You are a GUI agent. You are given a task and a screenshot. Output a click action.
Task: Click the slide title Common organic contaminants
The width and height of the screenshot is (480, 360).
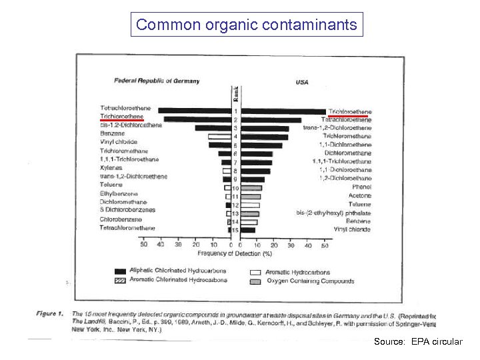(247, 25)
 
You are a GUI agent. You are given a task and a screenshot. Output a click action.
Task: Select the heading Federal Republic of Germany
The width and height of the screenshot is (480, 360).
(157, 81)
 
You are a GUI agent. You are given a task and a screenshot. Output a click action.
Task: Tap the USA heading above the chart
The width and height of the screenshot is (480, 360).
(301, 83)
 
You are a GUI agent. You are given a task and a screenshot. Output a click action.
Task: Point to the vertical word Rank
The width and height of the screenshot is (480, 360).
(235, 94)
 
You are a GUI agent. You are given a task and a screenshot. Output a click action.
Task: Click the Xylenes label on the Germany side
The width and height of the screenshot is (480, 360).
(111, 168)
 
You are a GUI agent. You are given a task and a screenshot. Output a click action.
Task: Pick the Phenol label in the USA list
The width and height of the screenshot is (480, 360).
(361, 187)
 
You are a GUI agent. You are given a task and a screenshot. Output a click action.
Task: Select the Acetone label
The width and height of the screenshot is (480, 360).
(360, 196)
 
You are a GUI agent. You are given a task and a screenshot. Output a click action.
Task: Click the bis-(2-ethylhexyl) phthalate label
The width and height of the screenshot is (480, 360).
(333, 213)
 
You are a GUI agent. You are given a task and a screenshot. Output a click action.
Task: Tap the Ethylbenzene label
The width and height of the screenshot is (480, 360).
(117, 193)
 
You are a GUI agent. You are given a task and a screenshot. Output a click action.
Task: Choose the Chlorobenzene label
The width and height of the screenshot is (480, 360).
(121, 219)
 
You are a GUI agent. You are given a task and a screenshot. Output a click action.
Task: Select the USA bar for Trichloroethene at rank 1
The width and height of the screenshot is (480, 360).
(283, 111)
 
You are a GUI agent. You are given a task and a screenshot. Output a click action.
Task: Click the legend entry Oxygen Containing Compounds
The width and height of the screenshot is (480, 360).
(311, 281)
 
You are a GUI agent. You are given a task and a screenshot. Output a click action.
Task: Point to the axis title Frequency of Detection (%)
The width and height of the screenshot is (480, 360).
(235, 253)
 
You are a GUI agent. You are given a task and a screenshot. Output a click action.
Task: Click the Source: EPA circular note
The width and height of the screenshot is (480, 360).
(417, 341)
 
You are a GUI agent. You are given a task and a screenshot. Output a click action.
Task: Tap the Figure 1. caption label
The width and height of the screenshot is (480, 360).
(50, 313)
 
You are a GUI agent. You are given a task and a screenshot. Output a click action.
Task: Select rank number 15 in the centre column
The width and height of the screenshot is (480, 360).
(235, 230)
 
